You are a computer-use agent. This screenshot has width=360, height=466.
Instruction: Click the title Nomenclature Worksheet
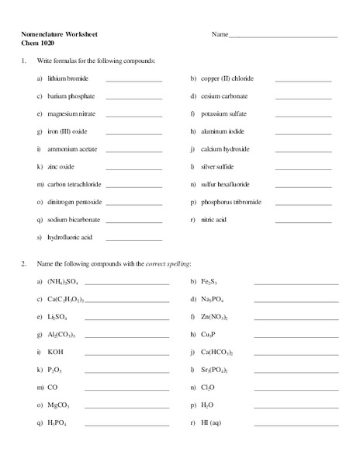click(59, 34)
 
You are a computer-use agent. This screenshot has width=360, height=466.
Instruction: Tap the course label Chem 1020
click(38, 43)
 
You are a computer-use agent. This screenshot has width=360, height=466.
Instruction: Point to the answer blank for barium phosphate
click(133, 98)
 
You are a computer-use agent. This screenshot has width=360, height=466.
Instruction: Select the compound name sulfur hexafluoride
click(229, 185)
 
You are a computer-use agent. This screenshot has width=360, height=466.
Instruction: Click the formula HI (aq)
click(211, 423)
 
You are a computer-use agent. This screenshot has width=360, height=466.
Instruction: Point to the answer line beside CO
click(126, 388)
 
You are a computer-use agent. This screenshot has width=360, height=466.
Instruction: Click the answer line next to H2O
click(296, 405)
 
